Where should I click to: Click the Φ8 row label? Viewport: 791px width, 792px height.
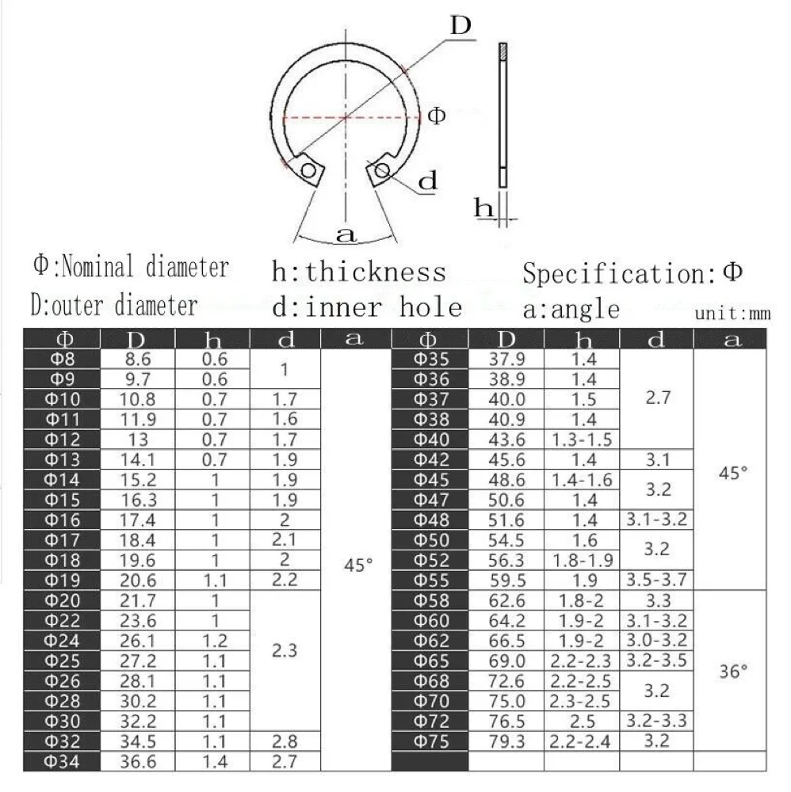(x=61, y=358)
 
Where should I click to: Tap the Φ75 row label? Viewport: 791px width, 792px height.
(x=432, y=741)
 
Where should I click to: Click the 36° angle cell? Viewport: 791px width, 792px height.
(x=732, y=671)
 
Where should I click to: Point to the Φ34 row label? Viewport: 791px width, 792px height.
(x=61, y=761)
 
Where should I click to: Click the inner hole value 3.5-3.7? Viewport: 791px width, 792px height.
(x=655, y=579)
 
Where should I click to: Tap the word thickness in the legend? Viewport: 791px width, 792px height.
(x=376, y=272)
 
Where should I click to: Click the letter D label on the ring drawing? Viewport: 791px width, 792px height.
(x=460, y=27)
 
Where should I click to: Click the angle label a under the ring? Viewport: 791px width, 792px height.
(x=346, y=234)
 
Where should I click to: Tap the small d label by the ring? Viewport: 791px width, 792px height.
(x=427, y=181)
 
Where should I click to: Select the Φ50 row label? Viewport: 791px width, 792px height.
(x=432, y=540)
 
